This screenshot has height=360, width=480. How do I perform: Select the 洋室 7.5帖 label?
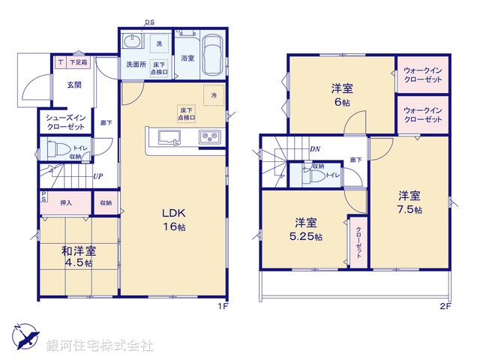pos(409,202)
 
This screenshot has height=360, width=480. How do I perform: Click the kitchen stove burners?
pos(207,137)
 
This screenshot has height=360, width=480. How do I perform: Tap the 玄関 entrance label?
pos(73,85)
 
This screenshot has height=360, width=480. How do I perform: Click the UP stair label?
pos(98,177)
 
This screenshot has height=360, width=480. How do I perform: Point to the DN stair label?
pos(316,149)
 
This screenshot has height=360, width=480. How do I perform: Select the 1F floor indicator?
pos(223,305)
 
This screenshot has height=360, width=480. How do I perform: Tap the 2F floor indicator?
pos(445,305)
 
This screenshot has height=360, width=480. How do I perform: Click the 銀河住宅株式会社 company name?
pos(100,346)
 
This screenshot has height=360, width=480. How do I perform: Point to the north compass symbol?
pos(23,336)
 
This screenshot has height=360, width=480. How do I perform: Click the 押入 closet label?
pos(65,202)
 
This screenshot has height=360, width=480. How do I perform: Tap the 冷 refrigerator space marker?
pos(214,95)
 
